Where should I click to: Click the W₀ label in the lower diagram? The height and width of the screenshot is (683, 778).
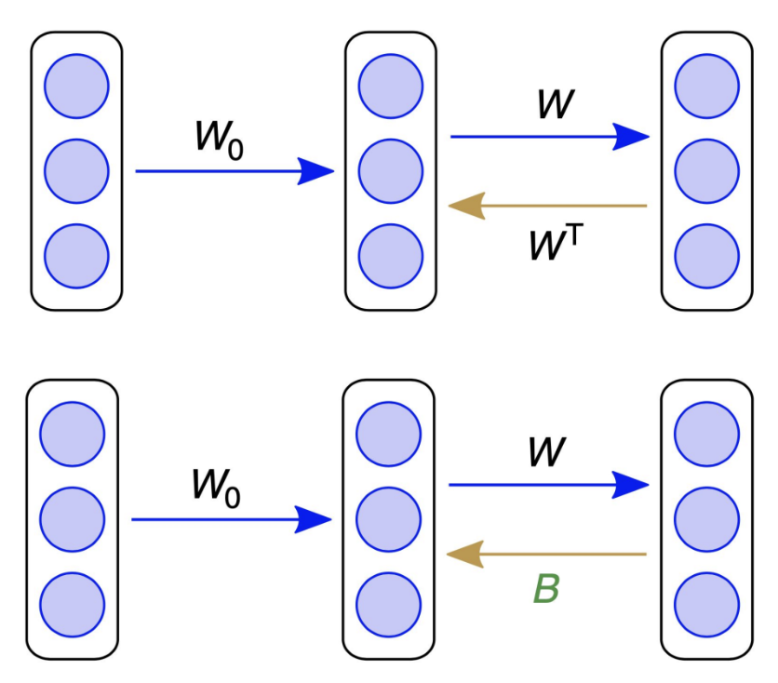tap(216, 487)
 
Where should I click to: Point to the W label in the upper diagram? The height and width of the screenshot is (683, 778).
tap(556, 104)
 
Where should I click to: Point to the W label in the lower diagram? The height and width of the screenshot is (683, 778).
tap(547, 452)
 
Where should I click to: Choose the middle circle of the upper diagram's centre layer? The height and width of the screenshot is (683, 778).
tap(391, 171)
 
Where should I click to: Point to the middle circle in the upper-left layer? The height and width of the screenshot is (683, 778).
tap(76, 171)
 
